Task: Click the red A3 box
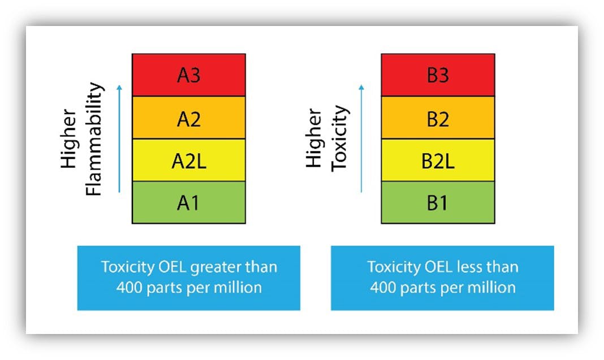click(x=188, y=75)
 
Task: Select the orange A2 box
click(x=188, y=118)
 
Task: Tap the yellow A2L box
click(x=188, y=161)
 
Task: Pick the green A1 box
click(x=188, y=202)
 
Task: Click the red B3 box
click(x=438, y=75)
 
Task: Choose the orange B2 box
click(x=438, y=118)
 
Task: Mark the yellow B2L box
click(x=438, y=161)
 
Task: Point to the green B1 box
click(x=438, y=202)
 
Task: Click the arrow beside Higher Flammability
click(x=119, y=138)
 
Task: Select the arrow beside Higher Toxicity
click(x=361, y=138)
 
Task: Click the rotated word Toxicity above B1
click(x=339, y=138)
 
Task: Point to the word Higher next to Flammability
click(x=69, y=139)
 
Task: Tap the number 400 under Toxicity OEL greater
click(x=128, y=287)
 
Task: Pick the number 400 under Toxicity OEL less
click(x=382, y=287)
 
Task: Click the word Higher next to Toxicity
click(x=314, y=138)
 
